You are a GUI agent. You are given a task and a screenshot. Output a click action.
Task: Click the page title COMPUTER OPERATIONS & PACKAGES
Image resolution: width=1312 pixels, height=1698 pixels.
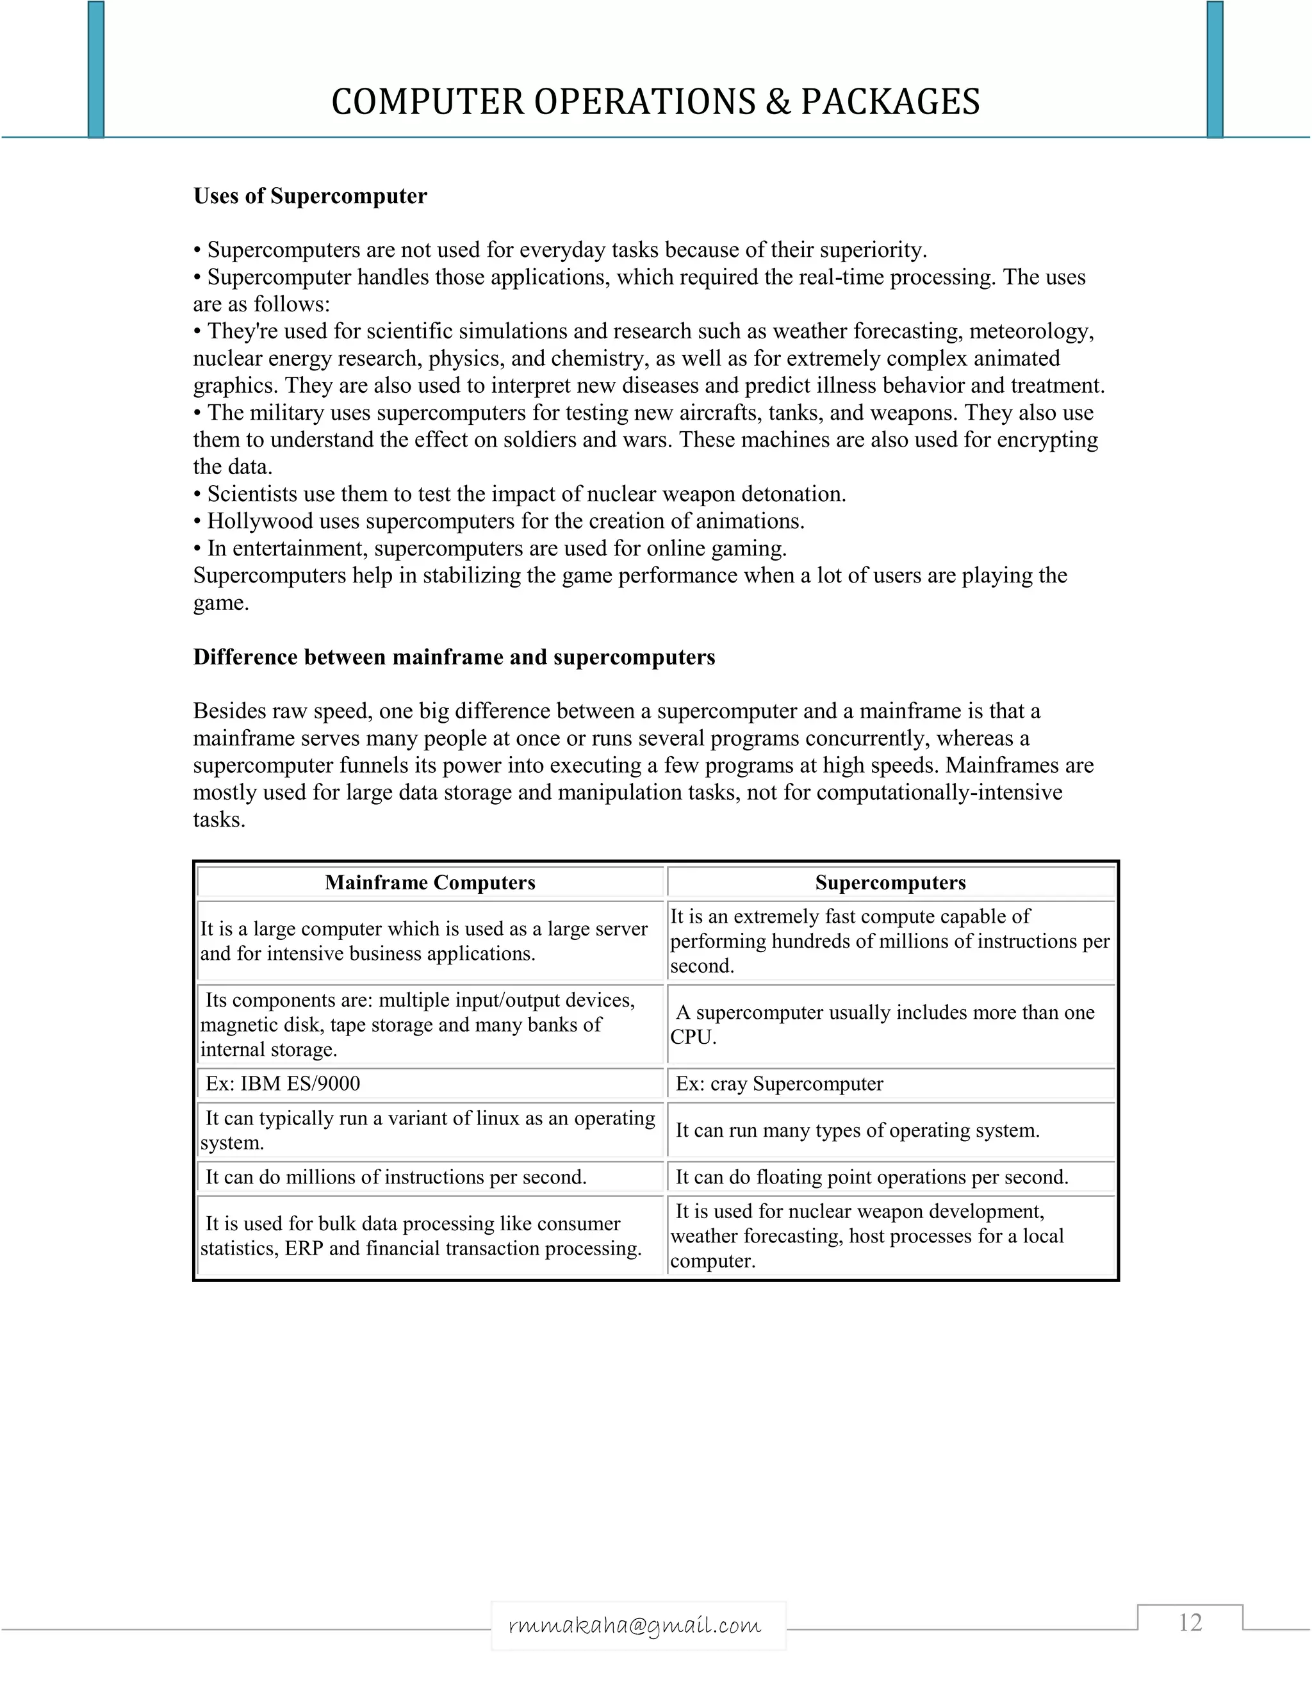655,102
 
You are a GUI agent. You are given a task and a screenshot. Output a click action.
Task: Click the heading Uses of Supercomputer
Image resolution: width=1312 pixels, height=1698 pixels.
310,196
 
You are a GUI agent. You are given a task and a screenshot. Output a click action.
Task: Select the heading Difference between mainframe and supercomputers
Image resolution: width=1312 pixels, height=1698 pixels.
454,658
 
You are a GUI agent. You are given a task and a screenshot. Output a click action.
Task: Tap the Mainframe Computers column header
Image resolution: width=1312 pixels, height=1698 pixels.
430,882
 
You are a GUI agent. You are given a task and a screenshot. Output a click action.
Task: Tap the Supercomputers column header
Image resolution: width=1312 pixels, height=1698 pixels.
890,882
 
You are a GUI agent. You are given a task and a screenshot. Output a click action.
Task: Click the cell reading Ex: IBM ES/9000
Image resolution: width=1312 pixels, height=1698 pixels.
283,1084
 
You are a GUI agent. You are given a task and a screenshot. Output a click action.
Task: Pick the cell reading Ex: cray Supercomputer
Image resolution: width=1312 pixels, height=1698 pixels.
779,1084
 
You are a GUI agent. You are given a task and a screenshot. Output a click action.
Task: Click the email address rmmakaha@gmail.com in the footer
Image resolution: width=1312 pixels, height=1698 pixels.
635,1625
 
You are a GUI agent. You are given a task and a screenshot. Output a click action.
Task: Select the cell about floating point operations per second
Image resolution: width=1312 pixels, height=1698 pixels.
871,1177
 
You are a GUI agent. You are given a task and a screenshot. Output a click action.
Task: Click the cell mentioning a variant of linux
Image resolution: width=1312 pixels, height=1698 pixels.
429,1130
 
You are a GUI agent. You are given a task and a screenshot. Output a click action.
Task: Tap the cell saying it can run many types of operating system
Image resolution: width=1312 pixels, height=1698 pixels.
857,1130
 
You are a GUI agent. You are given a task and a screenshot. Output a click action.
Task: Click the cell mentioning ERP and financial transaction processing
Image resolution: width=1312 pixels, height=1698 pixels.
422,1235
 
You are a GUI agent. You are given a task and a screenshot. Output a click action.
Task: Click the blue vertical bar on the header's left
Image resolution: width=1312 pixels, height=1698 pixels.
95,70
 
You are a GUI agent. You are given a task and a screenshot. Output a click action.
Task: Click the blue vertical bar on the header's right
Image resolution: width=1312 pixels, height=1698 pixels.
1215,70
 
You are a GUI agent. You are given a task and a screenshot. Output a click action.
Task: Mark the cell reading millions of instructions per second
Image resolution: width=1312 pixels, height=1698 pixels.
396,1177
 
